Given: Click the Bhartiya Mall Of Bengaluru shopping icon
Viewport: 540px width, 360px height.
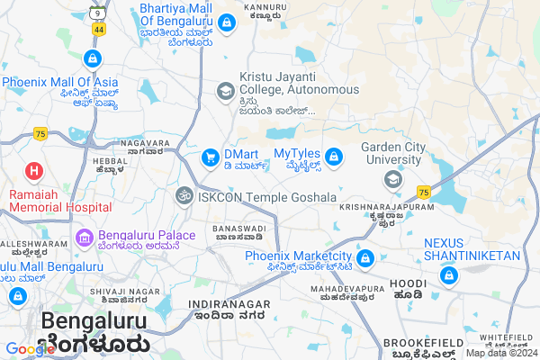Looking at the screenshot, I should [227, 22].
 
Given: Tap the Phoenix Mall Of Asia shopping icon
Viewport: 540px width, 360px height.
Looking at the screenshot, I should [92, 59].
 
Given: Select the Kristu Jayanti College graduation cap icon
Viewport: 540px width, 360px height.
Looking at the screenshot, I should [225, 91].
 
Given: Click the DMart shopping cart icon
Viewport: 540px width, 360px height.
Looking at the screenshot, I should [211, 158].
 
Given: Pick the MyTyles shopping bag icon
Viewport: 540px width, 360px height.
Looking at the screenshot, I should [333, 158].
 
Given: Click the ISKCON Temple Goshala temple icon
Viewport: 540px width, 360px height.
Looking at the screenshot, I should [184, 196].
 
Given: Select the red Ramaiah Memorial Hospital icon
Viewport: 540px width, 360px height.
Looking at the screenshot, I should [33, 170].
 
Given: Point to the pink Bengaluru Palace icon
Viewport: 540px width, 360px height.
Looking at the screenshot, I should [85, 238].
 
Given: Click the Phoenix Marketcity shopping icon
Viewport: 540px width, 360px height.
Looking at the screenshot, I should [364, 259].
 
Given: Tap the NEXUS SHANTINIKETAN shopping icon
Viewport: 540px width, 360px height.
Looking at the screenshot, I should [447, 275].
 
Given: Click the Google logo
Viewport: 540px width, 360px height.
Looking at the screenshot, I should [30, 349].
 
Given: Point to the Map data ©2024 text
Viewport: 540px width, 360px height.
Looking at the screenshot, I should [500, 353].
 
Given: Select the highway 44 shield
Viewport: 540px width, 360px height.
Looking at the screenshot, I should [98, 30].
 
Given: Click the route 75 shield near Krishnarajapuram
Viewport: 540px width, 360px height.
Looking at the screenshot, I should [424, 193].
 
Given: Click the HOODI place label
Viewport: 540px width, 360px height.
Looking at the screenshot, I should [407, 283].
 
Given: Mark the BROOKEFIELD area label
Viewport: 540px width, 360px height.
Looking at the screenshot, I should [417, 343].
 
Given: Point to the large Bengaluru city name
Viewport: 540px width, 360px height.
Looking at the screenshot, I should [94, 322].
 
